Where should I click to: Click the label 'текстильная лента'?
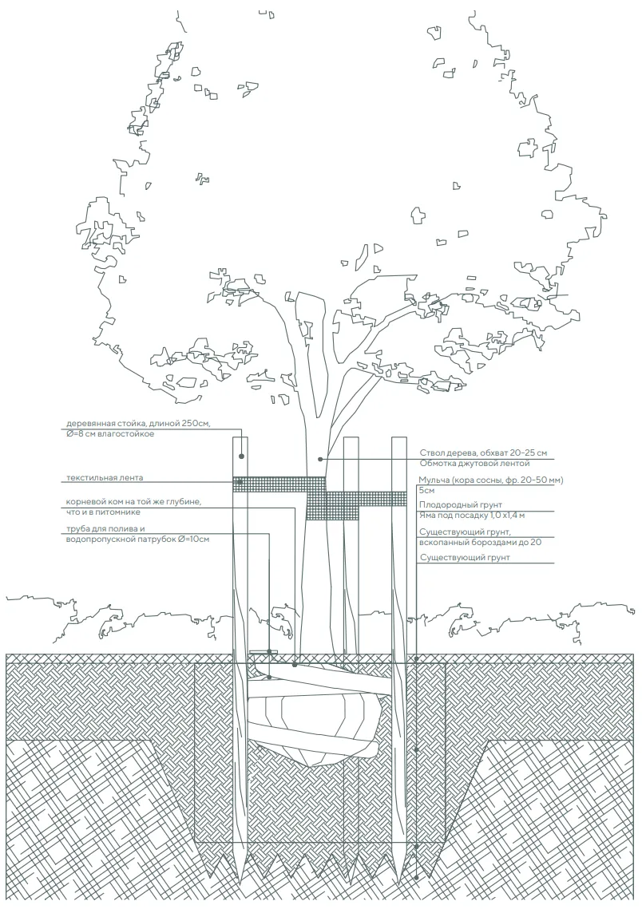105,478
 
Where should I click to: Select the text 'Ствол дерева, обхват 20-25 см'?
483,453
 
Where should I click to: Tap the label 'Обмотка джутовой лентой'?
474,464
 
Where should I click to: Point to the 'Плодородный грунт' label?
460,505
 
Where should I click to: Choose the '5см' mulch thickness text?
426,491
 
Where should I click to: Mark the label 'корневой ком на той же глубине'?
134,502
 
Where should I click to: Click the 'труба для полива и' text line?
105,529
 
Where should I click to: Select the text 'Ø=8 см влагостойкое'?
110,433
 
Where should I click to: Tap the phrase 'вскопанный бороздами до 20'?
480,542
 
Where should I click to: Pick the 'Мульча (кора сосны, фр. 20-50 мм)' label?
491,480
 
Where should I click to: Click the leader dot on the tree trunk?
319,459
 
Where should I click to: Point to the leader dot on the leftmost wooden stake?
241,456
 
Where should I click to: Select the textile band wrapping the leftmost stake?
240,484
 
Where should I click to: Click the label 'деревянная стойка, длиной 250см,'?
138,424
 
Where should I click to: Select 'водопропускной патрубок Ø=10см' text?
138,539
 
